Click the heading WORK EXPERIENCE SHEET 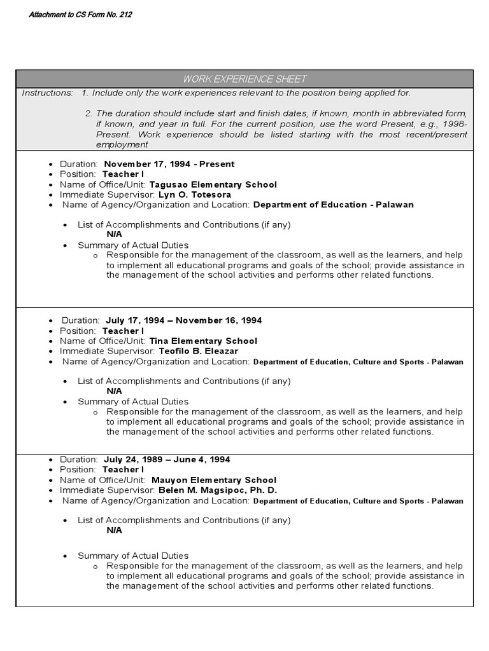[244, 79]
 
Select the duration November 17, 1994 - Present [169, 164]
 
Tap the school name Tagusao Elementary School [213, 184]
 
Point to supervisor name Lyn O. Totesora [194, 195]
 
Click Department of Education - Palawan [333, 205]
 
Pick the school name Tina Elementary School [203, 341]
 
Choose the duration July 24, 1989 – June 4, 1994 [167, 460]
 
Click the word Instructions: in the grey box [48, 93]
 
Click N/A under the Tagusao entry [114, 234]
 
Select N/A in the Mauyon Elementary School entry [114, 530]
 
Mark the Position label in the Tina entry [78, 331]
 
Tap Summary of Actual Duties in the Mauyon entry [133, 556]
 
